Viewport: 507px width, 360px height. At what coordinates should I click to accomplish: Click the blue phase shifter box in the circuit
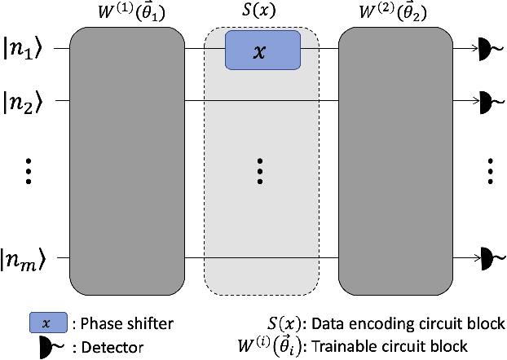(260, 50)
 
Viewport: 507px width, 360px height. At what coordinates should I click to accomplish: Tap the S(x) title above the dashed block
(260, 14)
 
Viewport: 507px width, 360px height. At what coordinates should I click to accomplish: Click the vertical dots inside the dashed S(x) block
(260, 171)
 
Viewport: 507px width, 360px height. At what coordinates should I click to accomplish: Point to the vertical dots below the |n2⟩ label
(28, 171)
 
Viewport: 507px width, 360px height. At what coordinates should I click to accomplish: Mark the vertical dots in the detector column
(491, 171)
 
